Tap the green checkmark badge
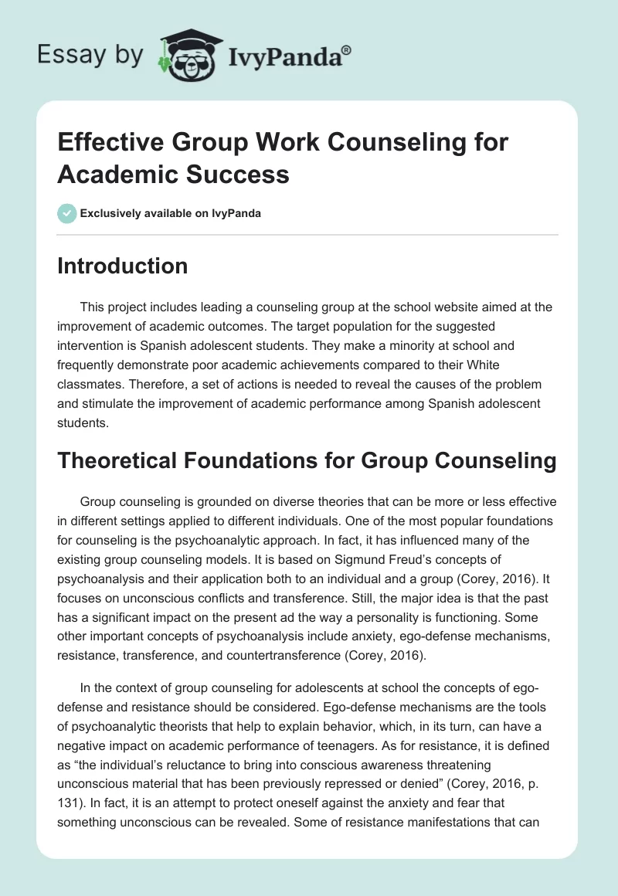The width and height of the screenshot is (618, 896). tap(67, 213)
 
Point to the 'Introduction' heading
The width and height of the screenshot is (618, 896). tap(123, 266)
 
